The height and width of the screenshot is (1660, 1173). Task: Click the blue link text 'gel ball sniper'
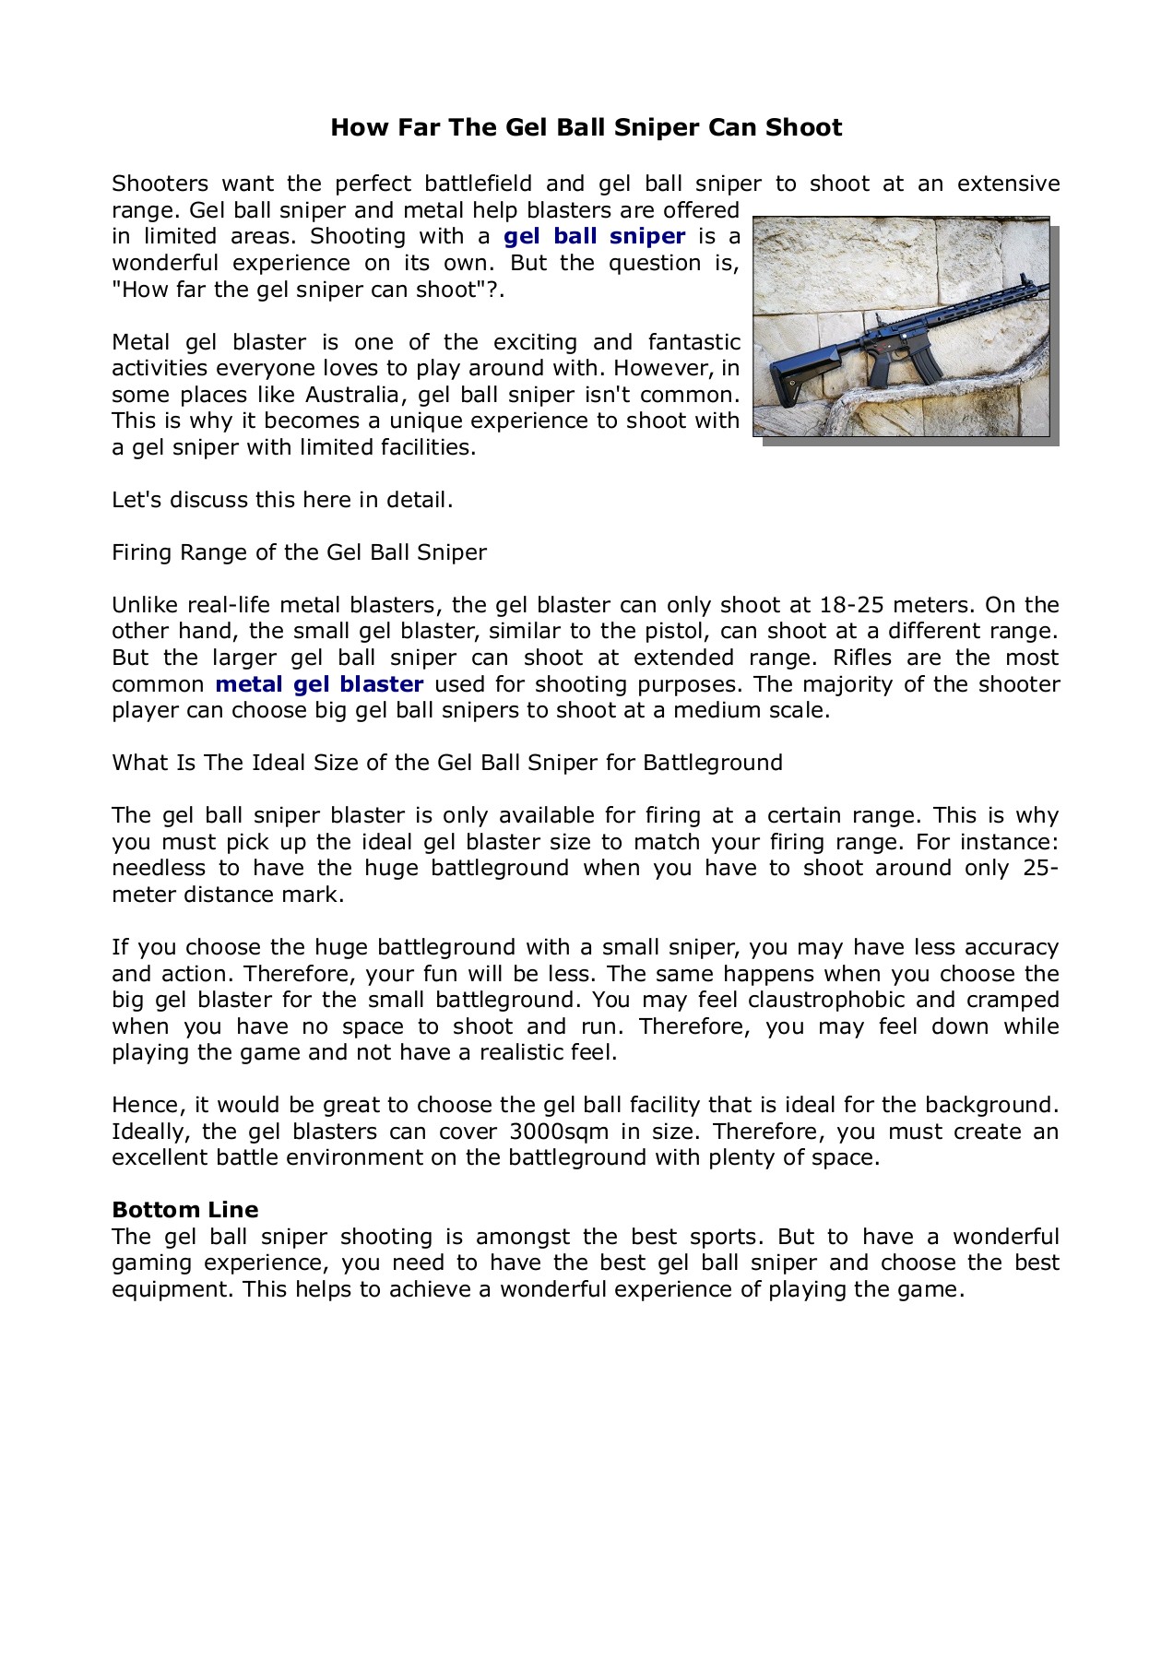(x=594, y=236)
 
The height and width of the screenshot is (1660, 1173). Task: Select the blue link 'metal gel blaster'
(x=319, y=684)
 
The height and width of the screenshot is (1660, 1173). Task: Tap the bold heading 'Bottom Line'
(x=184, y=1210)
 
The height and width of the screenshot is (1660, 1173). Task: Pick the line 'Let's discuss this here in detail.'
(x=282, y=500)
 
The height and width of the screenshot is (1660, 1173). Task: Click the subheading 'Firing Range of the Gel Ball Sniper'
(x=299, y=552)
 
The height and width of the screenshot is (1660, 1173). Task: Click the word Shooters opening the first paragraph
(x=160, y=184)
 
